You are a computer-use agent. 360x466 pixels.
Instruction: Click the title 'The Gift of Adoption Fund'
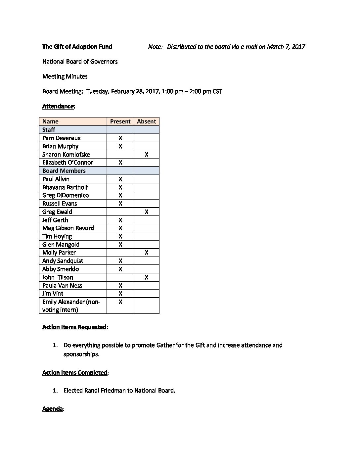pyautogui.click(x=77, y=47)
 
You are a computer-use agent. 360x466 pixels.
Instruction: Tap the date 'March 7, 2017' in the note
pyautogui.click(x=286, y=47)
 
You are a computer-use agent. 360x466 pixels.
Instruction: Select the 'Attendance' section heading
pyautogui.click(x=58, y=106)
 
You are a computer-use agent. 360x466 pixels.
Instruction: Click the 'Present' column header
pyautogui.click(x=120, y=121)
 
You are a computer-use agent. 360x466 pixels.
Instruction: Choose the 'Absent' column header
pyautogui.click(x=146, y=121)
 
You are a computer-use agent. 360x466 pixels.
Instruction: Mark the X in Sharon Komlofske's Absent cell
pyautogui.click(x=146, y=155)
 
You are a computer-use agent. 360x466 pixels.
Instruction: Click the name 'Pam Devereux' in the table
pyautogui.click(x=62, y=138)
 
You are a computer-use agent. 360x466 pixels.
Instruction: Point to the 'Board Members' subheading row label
pyautogui.click(x=64, y=171)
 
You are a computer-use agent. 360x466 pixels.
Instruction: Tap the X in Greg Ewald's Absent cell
pyautogui.click(x=146, y=212)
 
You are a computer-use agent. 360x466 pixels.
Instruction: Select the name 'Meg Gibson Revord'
pyautogui.click(x=68, y=228)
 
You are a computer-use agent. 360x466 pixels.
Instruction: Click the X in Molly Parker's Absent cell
pyautogui.click(x=146, y=253)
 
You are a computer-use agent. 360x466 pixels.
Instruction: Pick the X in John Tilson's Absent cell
pyautogui.click(x=146, y=277)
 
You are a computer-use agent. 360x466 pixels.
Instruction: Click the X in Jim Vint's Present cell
pyautogui.click(x=120, y=294)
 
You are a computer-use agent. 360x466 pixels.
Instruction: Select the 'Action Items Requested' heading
pyautogui.click(x=74, y=327)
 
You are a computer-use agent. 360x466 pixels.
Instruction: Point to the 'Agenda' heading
pyautogui.click(x=52, y=409)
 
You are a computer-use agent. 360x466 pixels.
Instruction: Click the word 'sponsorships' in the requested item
pyautogui.click(x=80, y=354)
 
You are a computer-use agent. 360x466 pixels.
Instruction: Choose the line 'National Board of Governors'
pyautogui.click(x=80, y=62)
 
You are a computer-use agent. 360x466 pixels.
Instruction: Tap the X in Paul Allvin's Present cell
pyautogui.click(x=120, y=179)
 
